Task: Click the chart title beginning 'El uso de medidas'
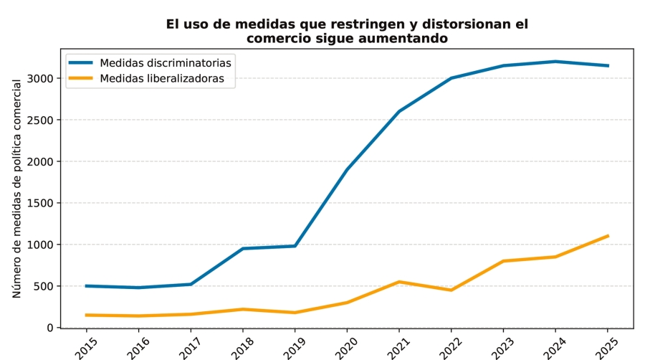point(347,31)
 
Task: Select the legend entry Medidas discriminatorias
point(165,62)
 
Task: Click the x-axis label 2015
point(86,344)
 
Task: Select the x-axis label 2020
point(347,344)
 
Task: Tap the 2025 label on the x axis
point(607,344)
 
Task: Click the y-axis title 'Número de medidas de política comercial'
point(17,189)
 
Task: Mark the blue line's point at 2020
point(347,169)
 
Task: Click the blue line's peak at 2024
point(555,62)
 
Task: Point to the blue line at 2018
point(243,249)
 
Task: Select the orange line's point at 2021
point(399,282)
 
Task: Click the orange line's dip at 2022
point(451,290)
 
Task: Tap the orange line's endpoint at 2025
point(608,236)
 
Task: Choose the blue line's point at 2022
point(451,78)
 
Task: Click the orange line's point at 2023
point(504,261)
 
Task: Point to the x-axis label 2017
point(191,344)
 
